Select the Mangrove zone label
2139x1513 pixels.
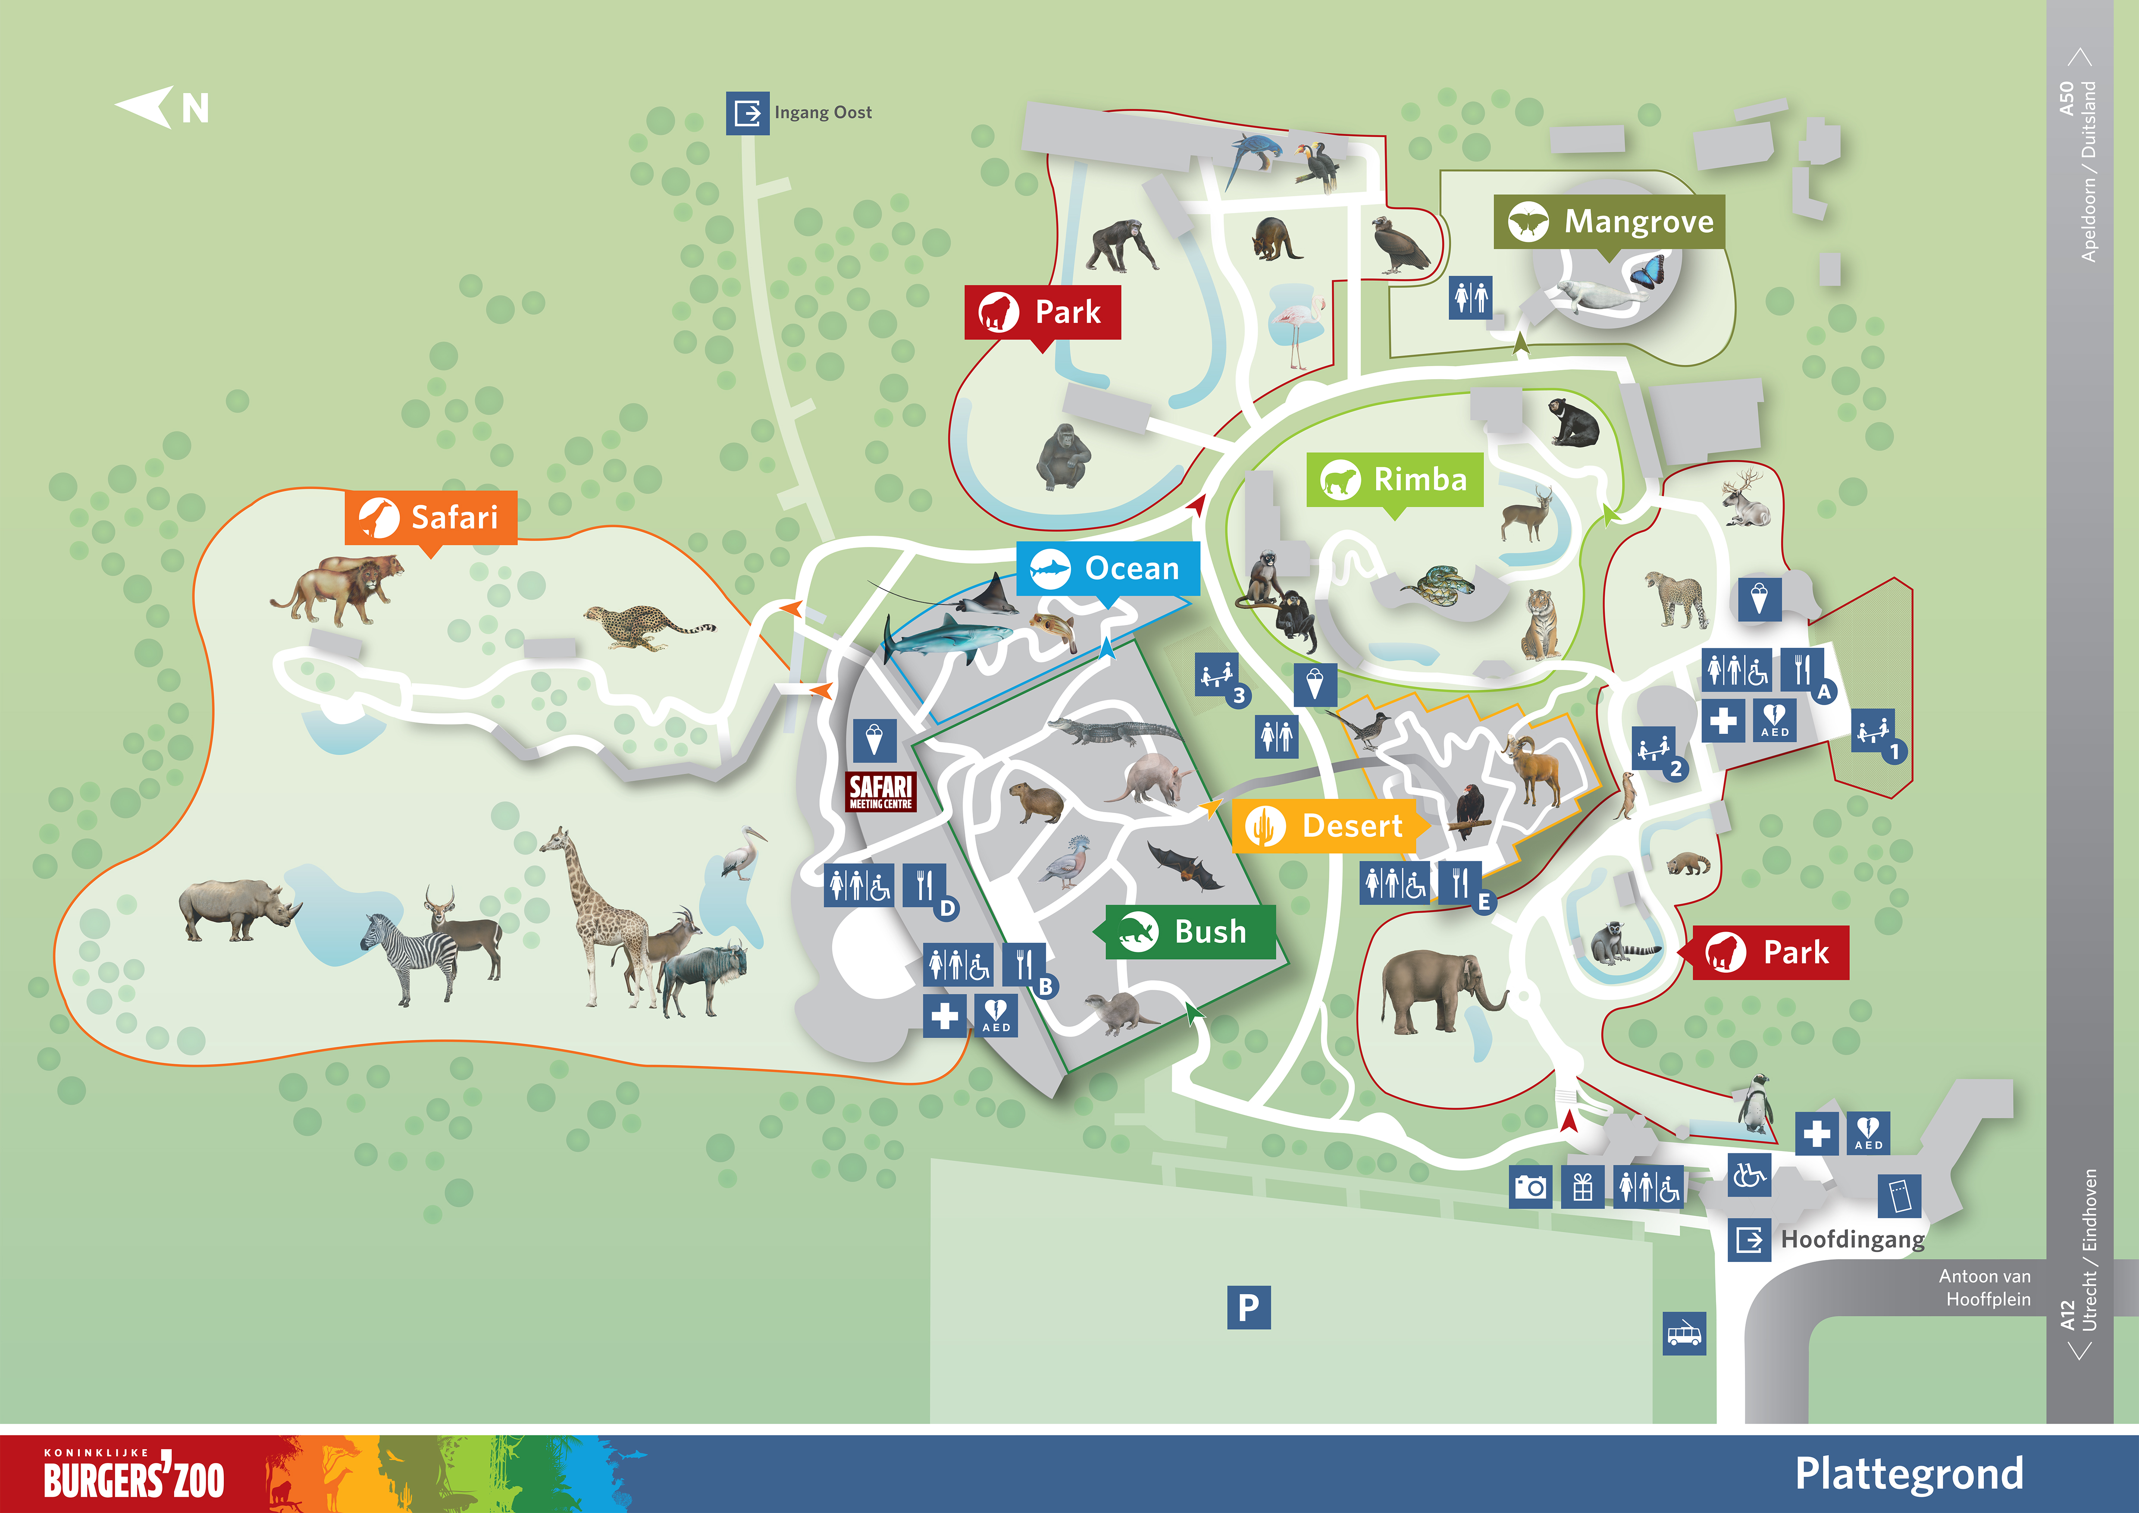coord(1609,222)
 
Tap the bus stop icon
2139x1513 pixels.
coord(1683,1334)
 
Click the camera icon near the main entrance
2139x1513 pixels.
coord(1530,1187)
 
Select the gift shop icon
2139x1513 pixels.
coord(1582,1187)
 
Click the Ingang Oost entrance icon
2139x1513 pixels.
coord(747,113)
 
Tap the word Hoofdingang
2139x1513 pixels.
coord(1852,1239)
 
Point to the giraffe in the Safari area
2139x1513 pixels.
coord(596,908)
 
